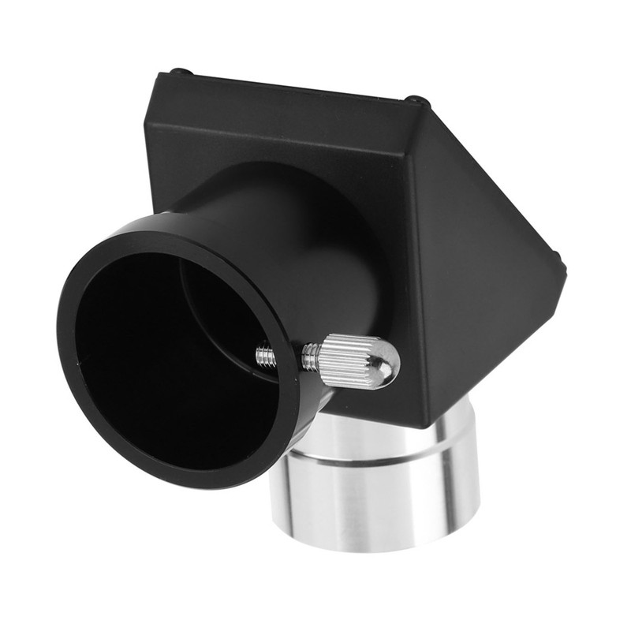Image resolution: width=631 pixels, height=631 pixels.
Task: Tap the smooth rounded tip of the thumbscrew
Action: [x=386, y=363]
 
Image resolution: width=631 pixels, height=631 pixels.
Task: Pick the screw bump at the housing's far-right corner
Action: [x=558, y=259]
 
